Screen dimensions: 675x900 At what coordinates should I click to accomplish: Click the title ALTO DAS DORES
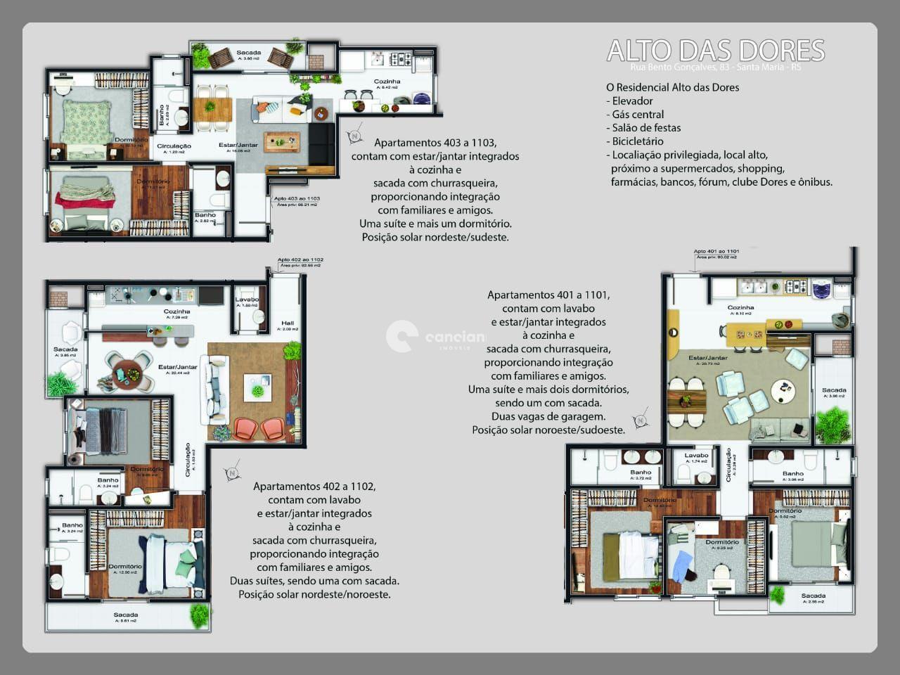tap(715, 51)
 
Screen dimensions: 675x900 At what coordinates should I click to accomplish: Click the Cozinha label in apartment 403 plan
tap(387, 82)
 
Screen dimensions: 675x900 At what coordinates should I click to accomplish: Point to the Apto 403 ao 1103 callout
tap(297, 199)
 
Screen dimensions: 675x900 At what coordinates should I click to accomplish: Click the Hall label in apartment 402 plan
tap(287, 323)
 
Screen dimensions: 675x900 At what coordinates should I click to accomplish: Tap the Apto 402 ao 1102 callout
tap(300, 260)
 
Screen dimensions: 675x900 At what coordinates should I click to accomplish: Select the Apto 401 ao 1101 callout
tap(716, 251)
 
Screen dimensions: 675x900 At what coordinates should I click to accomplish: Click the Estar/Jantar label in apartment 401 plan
tap(707, 358)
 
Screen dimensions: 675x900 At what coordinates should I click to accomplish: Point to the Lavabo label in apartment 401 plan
tap(696, 455)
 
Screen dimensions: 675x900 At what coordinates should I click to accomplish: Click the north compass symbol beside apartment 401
tap(641, 420)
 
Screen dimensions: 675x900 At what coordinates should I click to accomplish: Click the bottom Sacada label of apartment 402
tap(126, 615)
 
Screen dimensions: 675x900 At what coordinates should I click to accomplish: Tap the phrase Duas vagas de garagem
tap(548, 416)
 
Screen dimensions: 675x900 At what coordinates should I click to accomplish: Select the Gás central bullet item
tap(638, 114)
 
